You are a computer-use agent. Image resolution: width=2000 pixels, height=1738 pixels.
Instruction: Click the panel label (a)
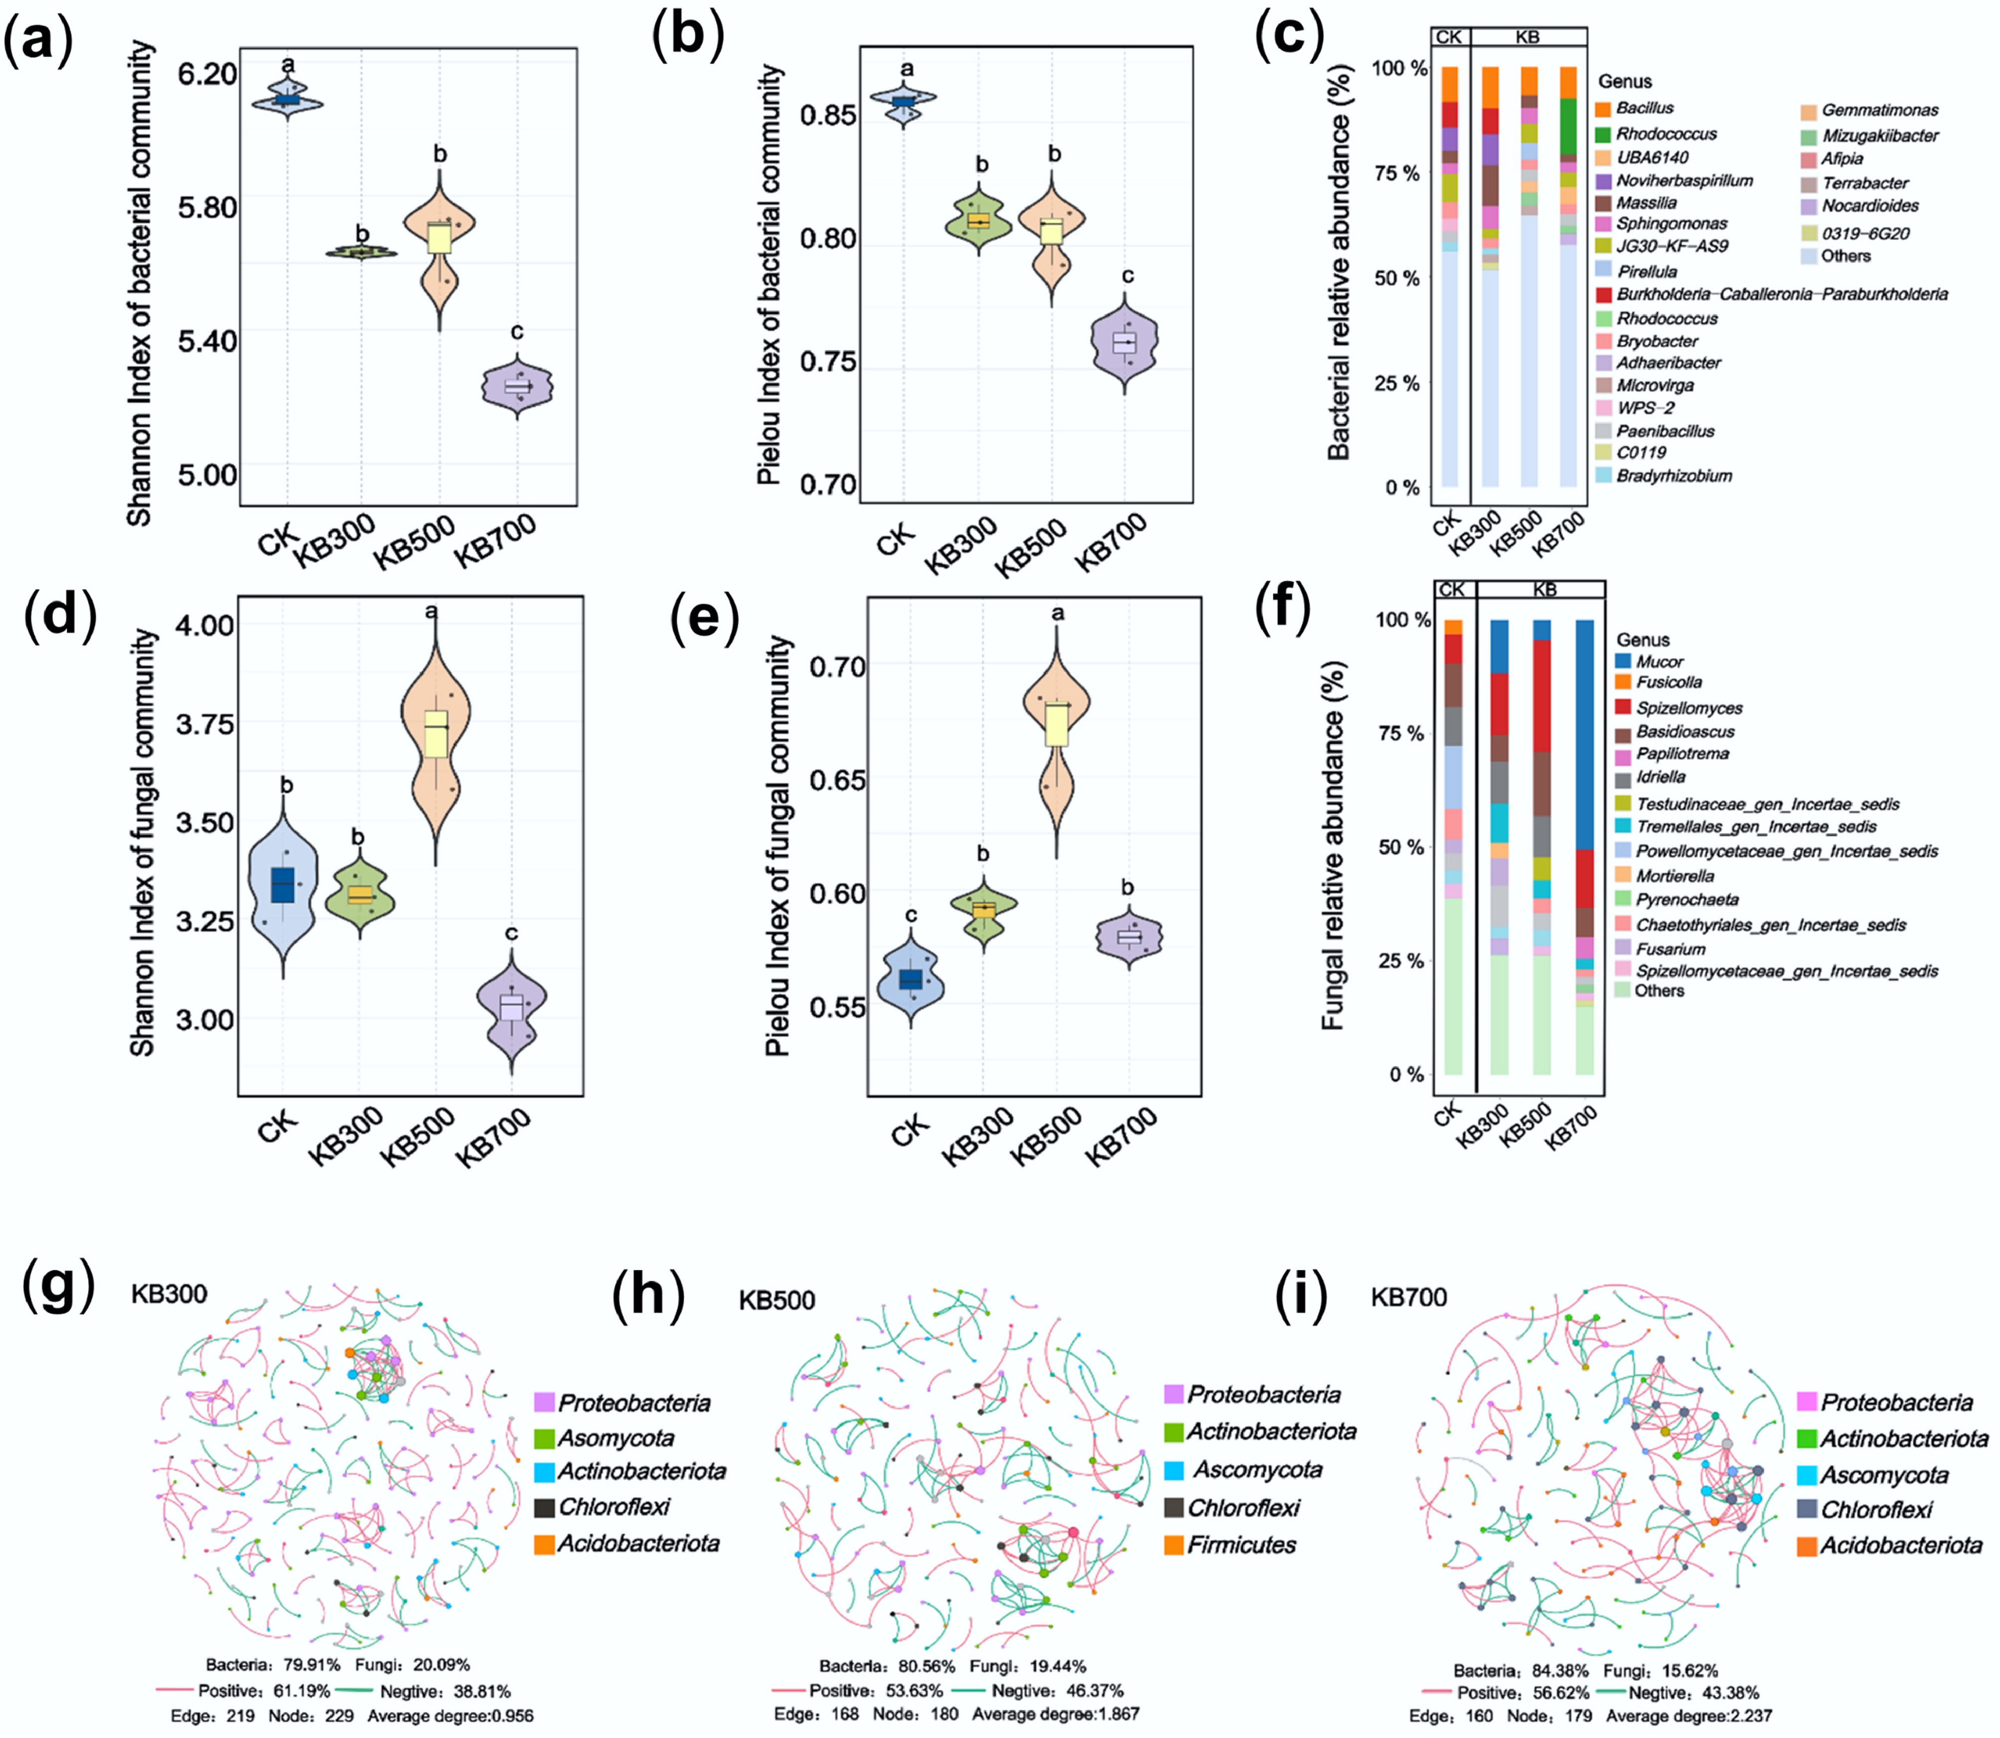[x=39, y=44]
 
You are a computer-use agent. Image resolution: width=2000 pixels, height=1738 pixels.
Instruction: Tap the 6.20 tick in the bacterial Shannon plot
[x=207, y=74]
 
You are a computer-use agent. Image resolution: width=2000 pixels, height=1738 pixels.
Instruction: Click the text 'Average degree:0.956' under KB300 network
[x=450, y=1716]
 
